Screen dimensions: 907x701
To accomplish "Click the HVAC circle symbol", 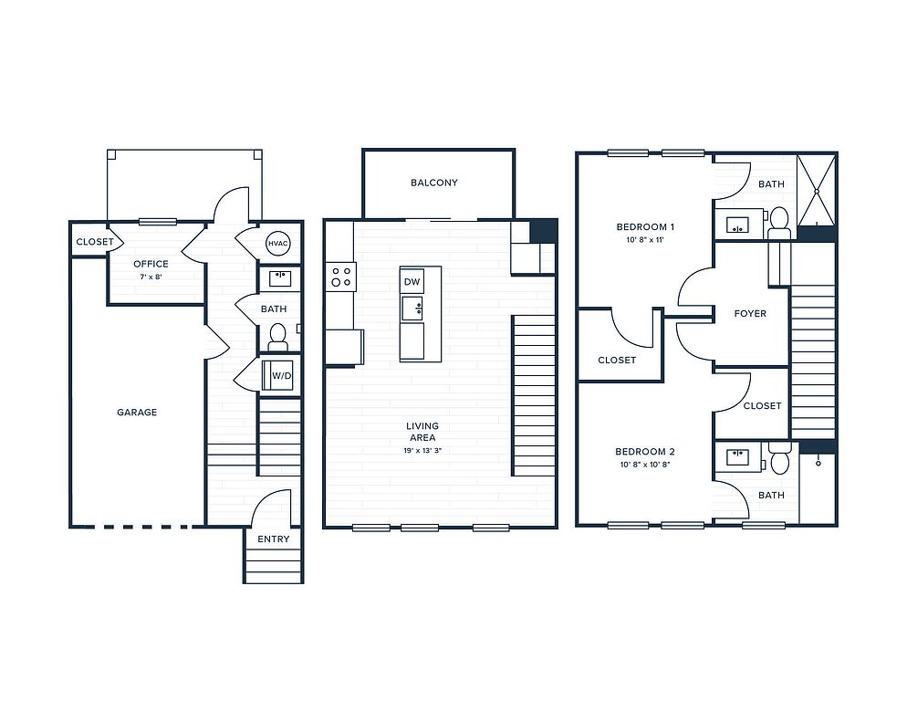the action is [x=277, y=244].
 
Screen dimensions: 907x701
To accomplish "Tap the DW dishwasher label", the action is [x=412, y=282].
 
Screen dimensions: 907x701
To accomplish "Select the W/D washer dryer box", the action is [x=277, y=375].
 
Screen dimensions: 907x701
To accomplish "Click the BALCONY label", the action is [x=433, y=183].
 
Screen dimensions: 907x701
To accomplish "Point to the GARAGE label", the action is [x=137, y=413].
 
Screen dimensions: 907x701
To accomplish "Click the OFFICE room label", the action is [x=151, y=264].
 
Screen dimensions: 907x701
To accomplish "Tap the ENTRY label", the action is [x=273, y=539].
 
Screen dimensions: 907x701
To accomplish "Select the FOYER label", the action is [x=750, y=314].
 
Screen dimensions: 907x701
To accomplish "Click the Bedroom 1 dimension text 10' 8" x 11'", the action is [x=644, y=240].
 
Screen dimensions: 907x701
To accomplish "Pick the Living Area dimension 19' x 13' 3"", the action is [x=422, y=450].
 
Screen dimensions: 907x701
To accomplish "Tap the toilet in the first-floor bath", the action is [x=277, y=338].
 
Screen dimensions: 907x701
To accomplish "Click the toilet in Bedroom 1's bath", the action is [x=779, y=223].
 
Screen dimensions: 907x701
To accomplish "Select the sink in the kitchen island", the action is [x=412, y=308].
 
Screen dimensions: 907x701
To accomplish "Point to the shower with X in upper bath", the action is [x=817, y=190].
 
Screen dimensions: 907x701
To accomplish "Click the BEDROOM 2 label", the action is [x=645, y=452].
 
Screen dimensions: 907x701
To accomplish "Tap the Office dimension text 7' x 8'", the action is [x=151, y=277].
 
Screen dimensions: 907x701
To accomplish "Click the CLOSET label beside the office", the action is [x=95, y=242].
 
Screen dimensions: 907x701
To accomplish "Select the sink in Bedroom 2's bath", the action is [x=737, y=456].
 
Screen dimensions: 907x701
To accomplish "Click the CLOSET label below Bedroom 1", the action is [x=617, y=360].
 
